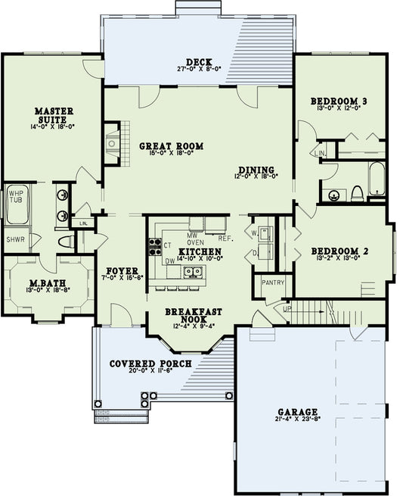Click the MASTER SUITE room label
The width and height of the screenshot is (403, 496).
(54, 116)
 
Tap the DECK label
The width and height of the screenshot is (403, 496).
(198, 62)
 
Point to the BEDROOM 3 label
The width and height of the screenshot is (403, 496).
(339, 101)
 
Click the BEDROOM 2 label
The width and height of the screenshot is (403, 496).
(339, 251)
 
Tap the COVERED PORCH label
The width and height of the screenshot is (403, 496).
(150, 363)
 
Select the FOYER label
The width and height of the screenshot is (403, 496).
(120, 270)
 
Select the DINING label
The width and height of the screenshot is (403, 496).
(255, 170)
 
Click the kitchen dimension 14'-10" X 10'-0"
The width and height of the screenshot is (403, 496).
(200, 259)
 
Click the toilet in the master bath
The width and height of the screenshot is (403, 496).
(66, 242)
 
